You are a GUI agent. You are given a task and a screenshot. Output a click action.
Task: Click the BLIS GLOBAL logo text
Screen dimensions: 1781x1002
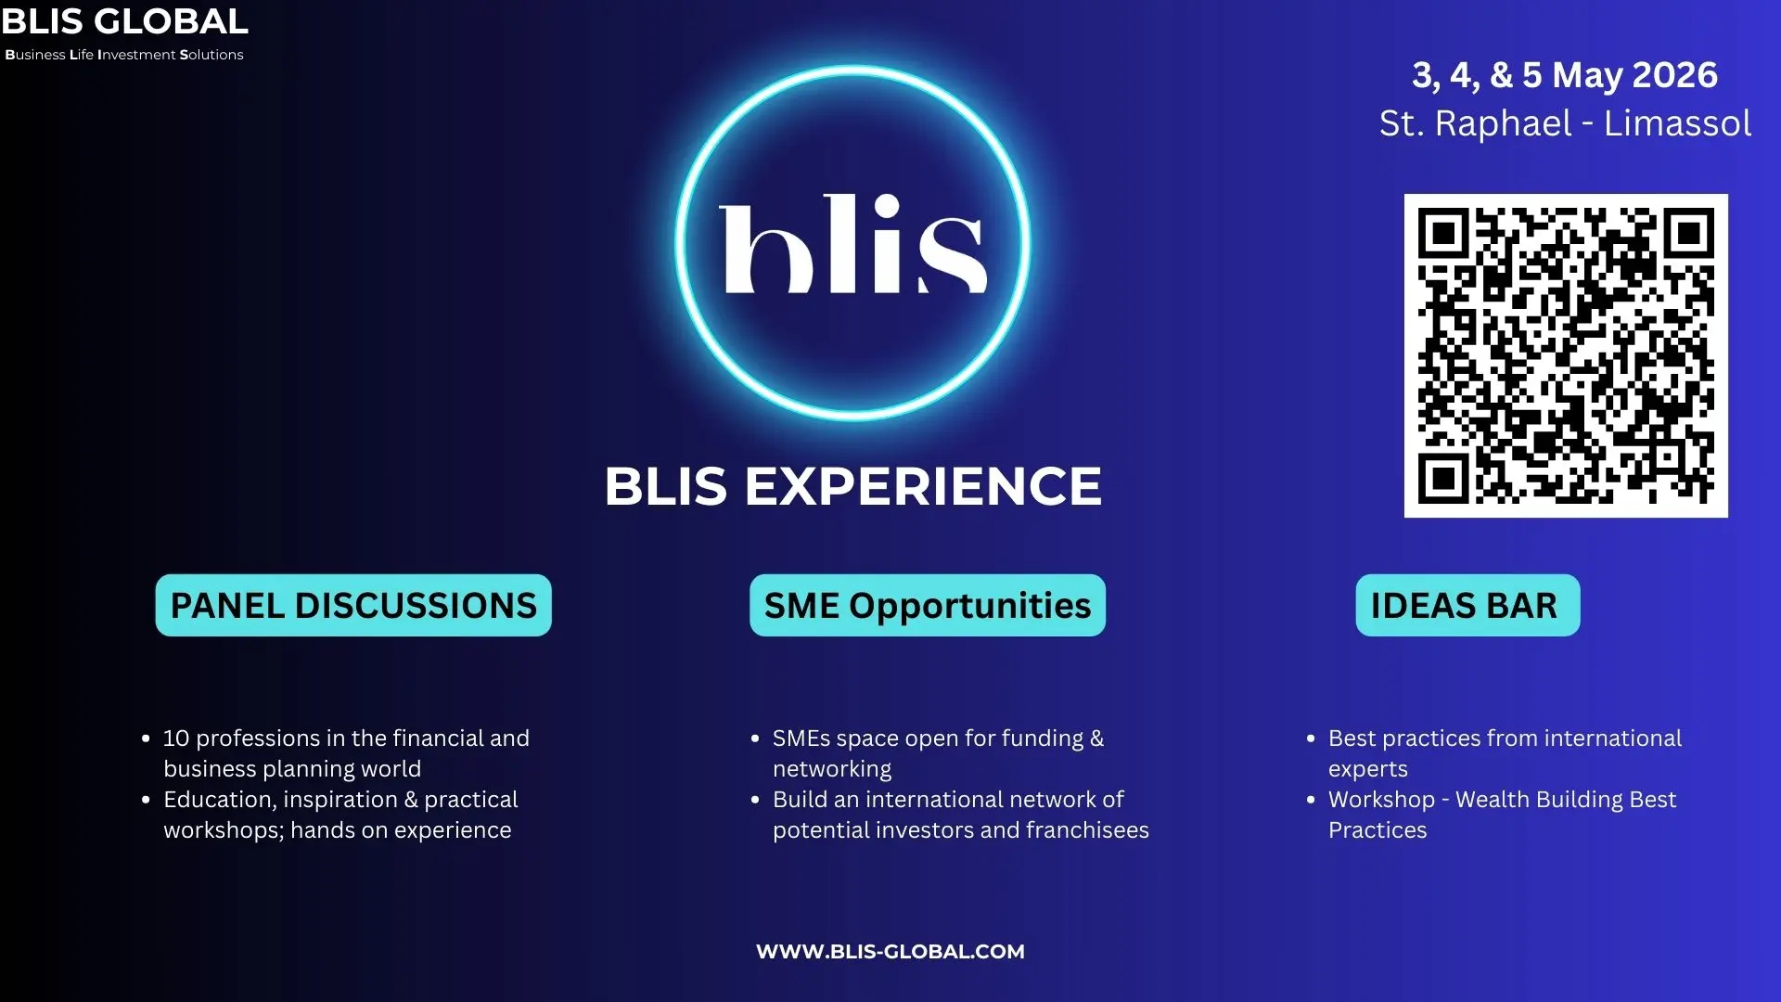coord(124,21)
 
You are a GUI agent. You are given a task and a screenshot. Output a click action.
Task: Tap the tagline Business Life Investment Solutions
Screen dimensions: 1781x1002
coord(124,55)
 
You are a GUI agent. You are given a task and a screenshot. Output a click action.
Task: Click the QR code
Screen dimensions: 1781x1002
coord(1566,355)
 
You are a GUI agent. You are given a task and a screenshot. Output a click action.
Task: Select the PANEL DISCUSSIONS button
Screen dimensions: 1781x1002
coord(353,605)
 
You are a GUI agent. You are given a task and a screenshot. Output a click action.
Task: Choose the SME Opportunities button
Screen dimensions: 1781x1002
coord(928,605)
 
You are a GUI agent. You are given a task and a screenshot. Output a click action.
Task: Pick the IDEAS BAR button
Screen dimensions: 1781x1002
coord(1467,605)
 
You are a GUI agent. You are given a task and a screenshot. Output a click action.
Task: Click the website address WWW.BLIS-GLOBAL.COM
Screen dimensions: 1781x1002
coord(890,951)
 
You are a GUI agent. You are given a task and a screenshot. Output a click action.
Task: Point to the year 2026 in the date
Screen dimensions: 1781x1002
coord(1674,74)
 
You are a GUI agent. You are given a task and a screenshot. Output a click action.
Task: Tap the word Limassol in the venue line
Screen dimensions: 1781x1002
coord(1677,123)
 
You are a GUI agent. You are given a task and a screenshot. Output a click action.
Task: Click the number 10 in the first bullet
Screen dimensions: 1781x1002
coord(176,739)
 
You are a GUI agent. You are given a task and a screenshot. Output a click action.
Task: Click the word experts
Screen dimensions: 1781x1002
coord(1368,770)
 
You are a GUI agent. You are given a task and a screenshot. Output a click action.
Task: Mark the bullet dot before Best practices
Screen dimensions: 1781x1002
coord(1311,739)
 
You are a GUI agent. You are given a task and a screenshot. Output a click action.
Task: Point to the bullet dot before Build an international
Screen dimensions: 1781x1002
coord(755,801)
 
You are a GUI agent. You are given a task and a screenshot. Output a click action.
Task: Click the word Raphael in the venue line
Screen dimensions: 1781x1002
coord(1504,123)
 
